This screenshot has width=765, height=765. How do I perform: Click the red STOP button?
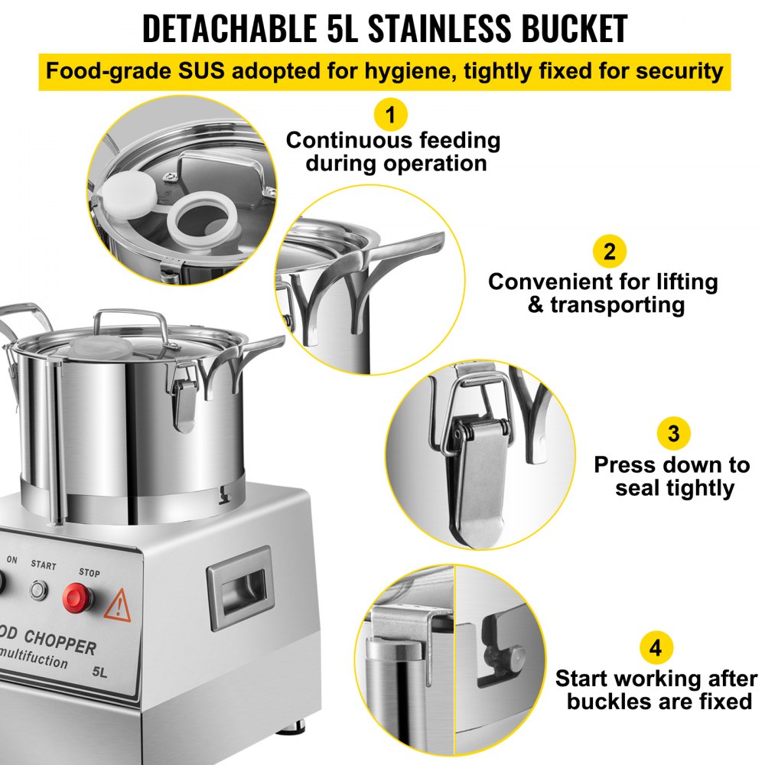[79, 597]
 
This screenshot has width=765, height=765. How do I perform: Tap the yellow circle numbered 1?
[391, 116]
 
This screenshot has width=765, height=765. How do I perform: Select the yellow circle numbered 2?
[609, 252]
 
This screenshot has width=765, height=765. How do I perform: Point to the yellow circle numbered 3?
[673, 434]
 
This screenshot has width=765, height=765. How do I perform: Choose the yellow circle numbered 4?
[656, 649]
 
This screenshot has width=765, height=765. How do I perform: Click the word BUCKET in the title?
[560, 28]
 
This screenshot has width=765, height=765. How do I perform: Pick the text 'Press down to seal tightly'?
[672, 476]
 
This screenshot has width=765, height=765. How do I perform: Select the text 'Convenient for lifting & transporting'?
[604, 293]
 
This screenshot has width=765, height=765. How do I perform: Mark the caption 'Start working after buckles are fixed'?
[656, 689]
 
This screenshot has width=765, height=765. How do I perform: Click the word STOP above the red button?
[88, 571]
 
